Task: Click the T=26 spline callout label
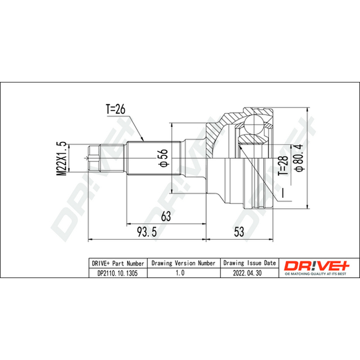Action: (116, 109)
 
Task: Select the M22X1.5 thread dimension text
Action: (62, 159)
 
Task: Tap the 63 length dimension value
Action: (166, 216)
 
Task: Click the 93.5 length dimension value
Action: (147, 232)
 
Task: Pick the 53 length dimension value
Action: (239, 232)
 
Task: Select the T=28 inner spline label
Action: (283, 166)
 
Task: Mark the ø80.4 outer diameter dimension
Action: (299, 158)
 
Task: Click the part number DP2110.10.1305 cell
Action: (117, 273)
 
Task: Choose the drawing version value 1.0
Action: (180, 273)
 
